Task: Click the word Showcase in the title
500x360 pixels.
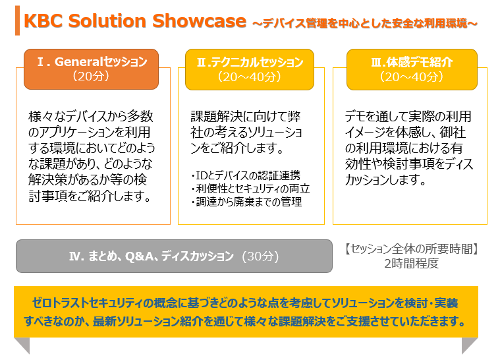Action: (x=199, y=20)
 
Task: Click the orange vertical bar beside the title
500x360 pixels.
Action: (x=17, y=20)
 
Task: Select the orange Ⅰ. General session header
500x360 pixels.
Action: (x=91, y=69)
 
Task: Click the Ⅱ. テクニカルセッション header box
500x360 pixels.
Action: (x=250, y=69)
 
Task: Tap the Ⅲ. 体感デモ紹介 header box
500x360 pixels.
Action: (x=412, y=69)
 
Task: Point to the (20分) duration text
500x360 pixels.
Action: (x=91, y=76)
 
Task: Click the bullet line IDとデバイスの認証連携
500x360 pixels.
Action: (x=246, y=175)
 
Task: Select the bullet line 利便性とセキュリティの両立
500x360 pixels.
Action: (x=250, y=189)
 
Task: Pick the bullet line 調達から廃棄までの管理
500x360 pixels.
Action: (x=246, y=202)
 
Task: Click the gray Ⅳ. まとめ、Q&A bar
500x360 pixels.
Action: (x=174, y=256)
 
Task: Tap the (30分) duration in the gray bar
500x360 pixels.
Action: (x=260, y=256)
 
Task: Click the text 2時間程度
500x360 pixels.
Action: (x=411, y=263)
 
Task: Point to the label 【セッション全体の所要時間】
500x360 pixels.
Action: (x=411, y=249)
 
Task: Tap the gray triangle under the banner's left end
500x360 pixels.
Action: (x=22, y=345)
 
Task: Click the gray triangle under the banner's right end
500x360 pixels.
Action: (x=470, y=345)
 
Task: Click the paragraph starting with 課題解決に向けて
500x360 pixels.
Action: (x=246, y=132)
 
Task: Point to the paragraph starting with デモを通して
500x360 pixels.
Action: (x=409, y=148)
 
